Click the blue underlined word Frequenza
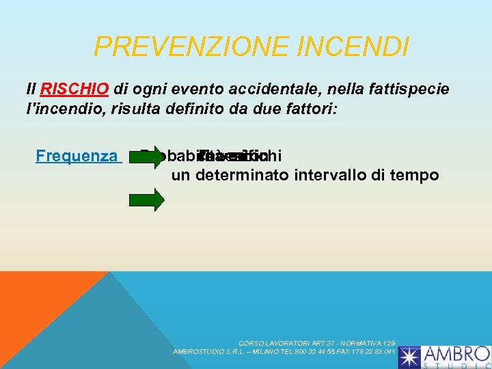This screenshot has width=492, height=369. pyautogui.click(x=77, y=156)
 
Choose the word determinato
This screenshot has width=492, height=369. pyautogui.click(x=243, y=176)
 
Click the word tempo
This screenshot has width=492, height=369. pyautogui.click(x=417, y=176)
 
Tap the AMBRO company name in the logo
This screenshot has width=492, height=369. pyautogui.click(x=456, y=354)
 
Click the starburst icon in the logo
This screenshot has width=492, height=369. pyautogui.click(x=410, y=357)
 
